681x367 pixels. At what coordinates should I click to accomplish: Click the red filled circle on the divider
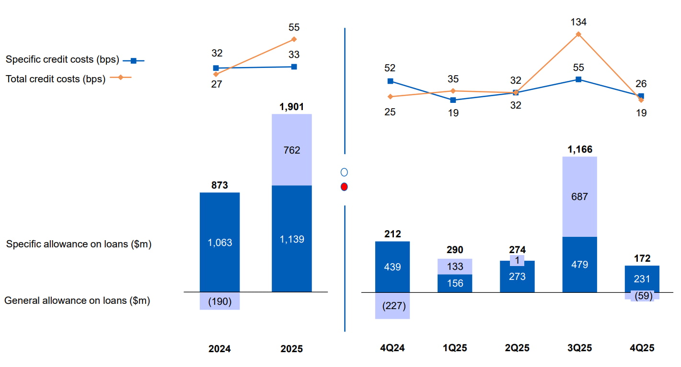point(344,187)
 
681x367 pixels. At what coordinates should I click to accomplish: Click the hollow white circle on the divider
point(344,172)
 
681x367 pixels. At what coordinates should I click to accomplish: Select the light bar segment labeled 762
point(291,150)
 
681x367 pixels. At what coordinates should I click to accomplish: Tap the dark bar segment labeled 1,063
point(219,242)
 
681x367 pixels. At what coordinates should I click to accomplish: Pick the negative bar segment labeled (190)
point(219,301)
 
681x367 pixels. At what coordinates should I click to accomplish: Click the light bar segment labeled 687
point(579,196)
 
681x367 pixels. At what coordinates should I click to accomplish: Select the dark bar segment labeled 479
point(579,264)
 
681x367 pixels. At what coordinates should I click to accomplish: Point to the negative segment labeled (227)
point(392,305)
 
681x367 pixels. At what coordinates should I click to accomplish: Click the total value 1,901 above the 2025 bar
point(291,107)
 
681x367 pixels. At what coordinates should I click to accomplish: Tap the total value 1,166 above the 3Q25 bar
point(579,149)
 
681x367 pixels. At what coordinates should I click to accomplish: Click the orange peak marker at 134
point(578,34)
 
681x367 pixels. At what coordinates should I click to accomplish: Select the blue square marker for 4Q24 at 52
point(391,81)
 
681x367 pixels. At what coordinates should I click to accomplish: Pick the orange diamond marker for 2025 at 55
point(294,39)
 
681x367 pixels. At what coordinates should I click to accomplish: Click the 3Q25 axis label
point(579,348)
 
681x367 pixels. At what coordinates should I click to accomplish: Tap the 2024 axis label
point(219,349)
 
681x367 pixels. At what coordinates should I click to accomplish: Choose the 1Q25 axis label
point(455,348)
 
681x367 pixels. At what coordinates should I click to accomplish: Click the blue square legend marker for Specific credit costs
point(134,61)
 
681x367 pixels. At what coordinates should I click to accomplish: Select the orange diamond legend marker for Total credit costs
point(121,78)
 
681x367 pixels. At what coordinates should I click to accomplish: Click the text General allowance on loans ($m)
point(77,301)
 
